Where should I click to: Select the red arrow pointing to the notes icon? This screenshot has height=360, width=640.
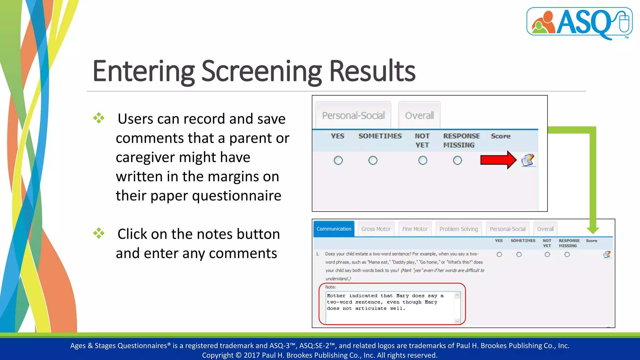pyautogui.click(x=498, y=160)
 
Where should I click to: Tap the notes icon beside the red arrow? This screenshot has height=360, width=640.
pyautogui.click(x=528, y=160)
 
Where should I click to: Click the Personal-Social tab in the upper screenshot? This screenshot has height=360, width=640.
pyautogui.click(x=353, y=116)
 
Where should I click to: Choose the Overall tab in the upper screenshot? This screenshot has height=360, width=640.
pyautogui.click(x=419, y=116)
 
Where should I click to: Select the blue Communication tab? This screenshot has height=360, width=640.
pyautogui.click(x=334, y=229)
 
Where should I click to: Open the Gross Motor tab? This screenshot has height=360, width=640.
pyautogui.click(x=376, y=229)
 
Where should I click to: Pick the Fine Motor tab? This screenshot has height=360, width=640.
pyautogui.click(x=415, y=229)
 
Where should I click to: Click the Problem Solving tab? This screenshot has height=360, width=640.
pyautogui.click(x=458, y=229)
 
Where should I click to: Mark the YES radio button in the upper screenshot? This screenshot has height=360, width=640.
pyautogui.click(x=338, y=160)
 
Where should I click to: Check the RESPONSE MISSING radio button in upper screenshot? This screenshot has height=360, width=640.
pyautogui.click(x=457, y=160)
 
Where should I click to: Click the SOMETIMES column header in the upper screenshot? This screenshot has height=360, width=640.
pyautogui.click(x=380, y=136)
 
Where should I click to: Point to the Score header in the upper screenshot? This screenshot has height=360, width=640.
pyautogui.click(x=500, y=136)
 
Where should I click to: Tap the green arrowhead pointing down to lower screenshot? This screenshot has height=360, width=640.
pyautogui.click(x=592, y=230)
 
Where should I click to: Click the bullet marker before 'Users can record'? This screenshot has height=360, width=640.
pyautogui.click(x=99, y=118)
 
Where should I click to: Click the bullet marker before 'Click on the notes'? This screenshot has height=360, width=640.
pyautogui.click(x=99, y=233)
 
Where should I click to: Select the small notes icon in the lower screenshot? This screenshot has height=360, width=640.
pyautogui.click(x=607, y=254)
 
